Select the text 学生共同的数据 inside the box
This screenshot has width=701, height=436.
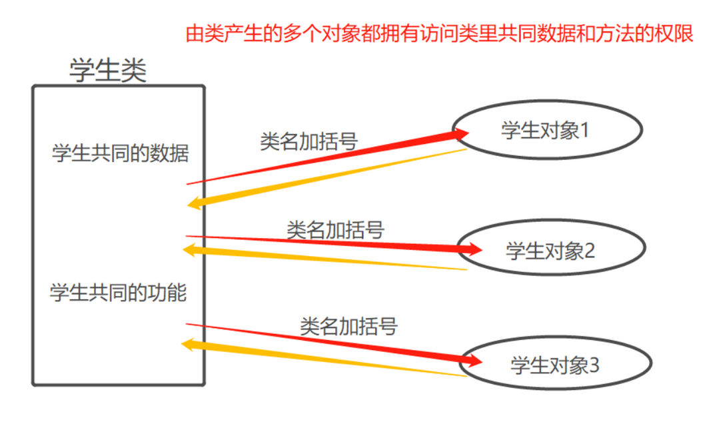click(x=121, y=153)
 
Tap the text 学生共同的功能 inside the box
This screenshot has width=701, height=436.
click(x=119, y=292)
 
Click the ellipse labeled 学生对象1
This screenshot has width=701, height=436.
click(x=546, y=130)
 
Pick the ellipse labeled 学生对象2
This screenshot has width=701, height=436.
click(x=550, y=251)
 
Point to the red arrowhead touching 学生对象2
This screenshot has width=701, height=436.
click(x=474, y=250)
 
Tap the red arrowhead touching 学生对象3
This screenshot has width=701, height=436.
click(x=474, y=361)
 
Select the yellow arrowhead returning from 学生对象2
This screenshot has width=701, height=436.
click(x=191, y=249)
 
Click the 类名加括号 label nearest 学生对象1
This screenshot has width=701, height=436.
click(x=309, y=141)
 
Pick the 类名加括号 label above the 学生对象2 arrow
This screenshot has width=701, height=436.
click(x=335, y=230)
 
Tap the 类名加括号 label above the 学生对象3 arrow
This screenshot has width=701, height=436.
click(x=349, y=326)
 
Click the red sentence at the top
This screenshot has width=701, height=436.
click(x=439, y=33)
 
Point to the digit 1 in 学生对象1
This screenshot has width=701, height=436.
click(x=585, y=130)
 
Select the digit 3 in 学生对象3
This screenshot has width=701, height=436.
click(x=594, y=365)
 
